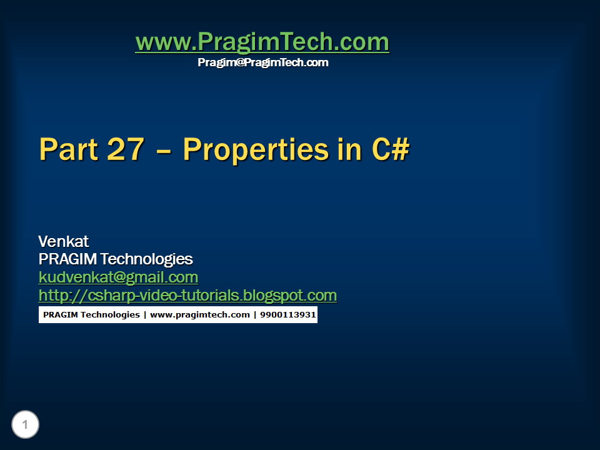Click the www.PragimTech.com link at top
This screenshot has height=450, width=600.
tap(262, 42)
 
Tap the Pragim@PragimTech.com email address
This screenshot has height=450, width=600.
tap(263, 62)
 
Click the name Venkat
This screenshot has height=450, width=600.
tap(63, 241)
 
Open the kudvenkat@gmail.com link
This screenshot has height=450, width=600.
tap(118, 277)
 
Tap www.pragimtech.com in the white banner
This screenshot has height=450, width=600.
tap(199, 314)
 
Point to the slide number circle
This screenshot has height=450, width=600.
tap(25, 425)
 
